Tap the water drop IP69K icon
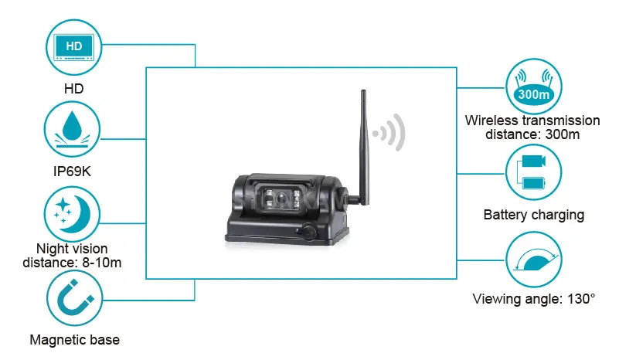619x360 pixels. click(x=75, y=129)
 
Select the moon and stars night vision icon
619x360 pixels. click(x=75, y=212)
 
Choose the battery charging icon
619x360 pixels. click(x=533, y=172)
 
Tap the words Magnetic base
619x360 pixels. click(x=74, y=339)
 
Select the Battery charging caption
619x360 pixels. click(x=532, y=215)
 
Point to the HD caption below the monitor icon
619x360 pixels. click(x=73, y=89)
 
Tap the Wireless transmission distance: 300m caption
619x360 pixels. click(x=532, y=127)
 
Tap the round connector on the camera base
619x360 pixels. click(x=306, y=231)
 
